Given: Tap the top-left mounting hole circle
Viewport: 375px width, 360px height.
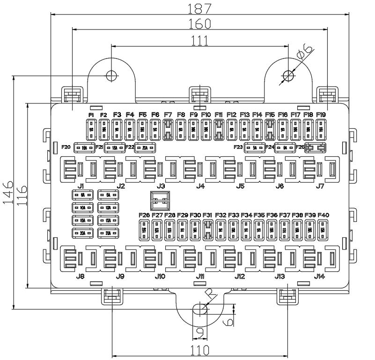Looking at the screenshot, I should click(x=111, y=75).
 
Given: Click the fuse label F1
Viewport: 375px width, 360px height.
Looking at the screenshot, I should click(x=91, y=115).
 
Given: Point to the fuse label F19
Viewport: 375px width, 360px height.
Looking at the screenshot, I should click(x=321, y=115).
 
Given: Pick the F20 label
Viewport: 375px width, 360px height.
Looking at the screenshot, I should click(x=66, y=147).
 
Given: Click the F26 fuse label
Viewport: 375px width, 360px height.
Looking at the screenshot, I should click(x=144, y=215).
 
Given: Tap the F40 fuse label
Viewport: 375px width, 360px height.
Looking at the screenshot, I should click(x=323, y=215).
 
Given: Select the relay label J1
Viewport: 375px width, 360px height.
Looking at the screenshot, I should click(x=81, y=186).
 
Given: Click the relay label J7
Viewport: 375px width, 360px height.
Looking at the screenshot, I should click(x=320, y=186).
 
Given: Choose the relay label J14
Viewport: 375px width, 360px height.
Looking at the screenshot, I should click(x=320, y=276).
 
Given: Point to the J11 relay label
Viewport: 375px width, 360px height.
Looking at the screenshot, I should click(x=200, y=276).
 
